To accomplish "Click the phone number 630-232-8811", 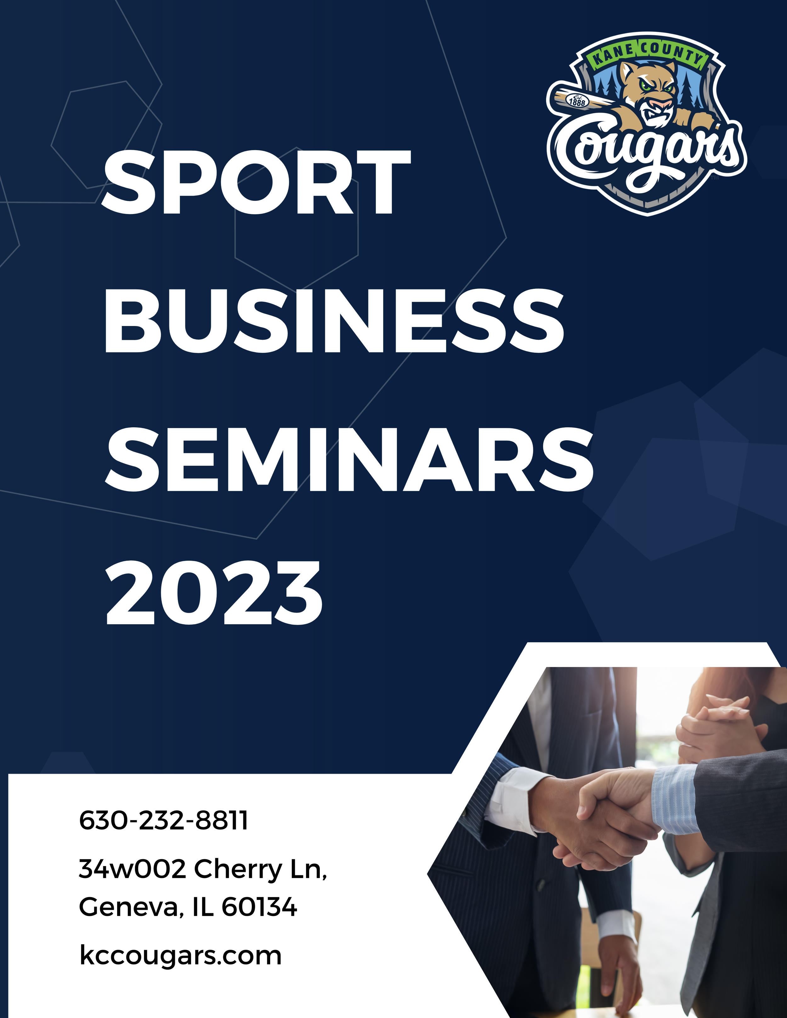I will [163, 820].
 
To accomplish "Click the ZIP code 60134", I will [259, 907].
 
